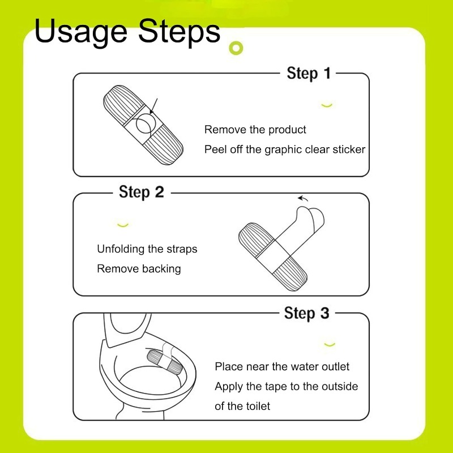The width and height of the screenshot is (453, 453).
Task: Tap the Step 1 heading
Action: (x=309, y=74)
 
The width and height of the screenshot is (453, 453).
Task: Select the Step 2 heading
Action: (x=141, y=193)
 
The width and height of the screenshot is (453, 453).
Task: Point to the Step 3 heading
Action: (x=306, y=314)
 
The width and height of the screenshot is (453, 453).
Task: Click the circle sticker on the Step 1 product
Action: (x=146, y=123)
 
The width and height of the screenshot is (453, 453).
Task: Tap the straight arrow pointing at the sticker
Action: (x=153, y=106)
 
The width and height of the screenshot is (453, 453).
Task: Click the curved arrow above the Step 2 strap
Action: (x=303, y=198)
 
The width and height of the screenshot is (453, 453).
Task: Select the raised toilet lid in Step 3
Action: (x=127, y=329)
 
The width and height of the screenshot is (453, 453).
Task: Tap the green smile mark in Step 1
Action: (x=327, y=105)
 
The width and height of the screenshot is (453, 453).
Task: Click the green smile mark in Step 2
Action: (x=123, y=225)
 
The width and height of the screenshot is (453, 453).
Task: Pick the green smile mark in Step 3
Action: (x=330, y=345)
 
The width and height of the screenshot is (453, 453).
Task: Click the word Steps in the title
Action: (x=179, y=32)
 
